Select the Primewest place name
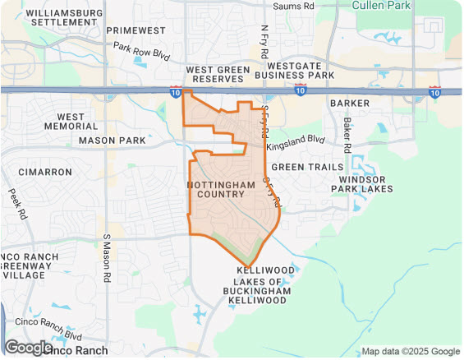(135, 30)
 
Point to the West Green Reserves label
(218, 76)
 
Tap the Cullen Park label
(383, 5)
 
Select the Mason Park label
(112, 141)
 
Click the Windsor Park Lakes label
(362, 184)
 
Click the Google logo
(28, 348)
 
